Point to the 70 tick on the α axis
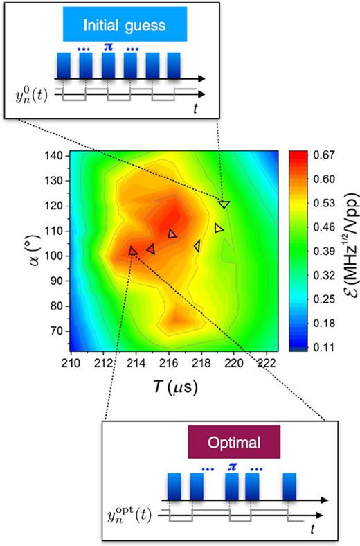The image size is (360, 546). [59, 331]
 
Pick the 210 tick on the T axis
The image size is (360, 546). [71, 362]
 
